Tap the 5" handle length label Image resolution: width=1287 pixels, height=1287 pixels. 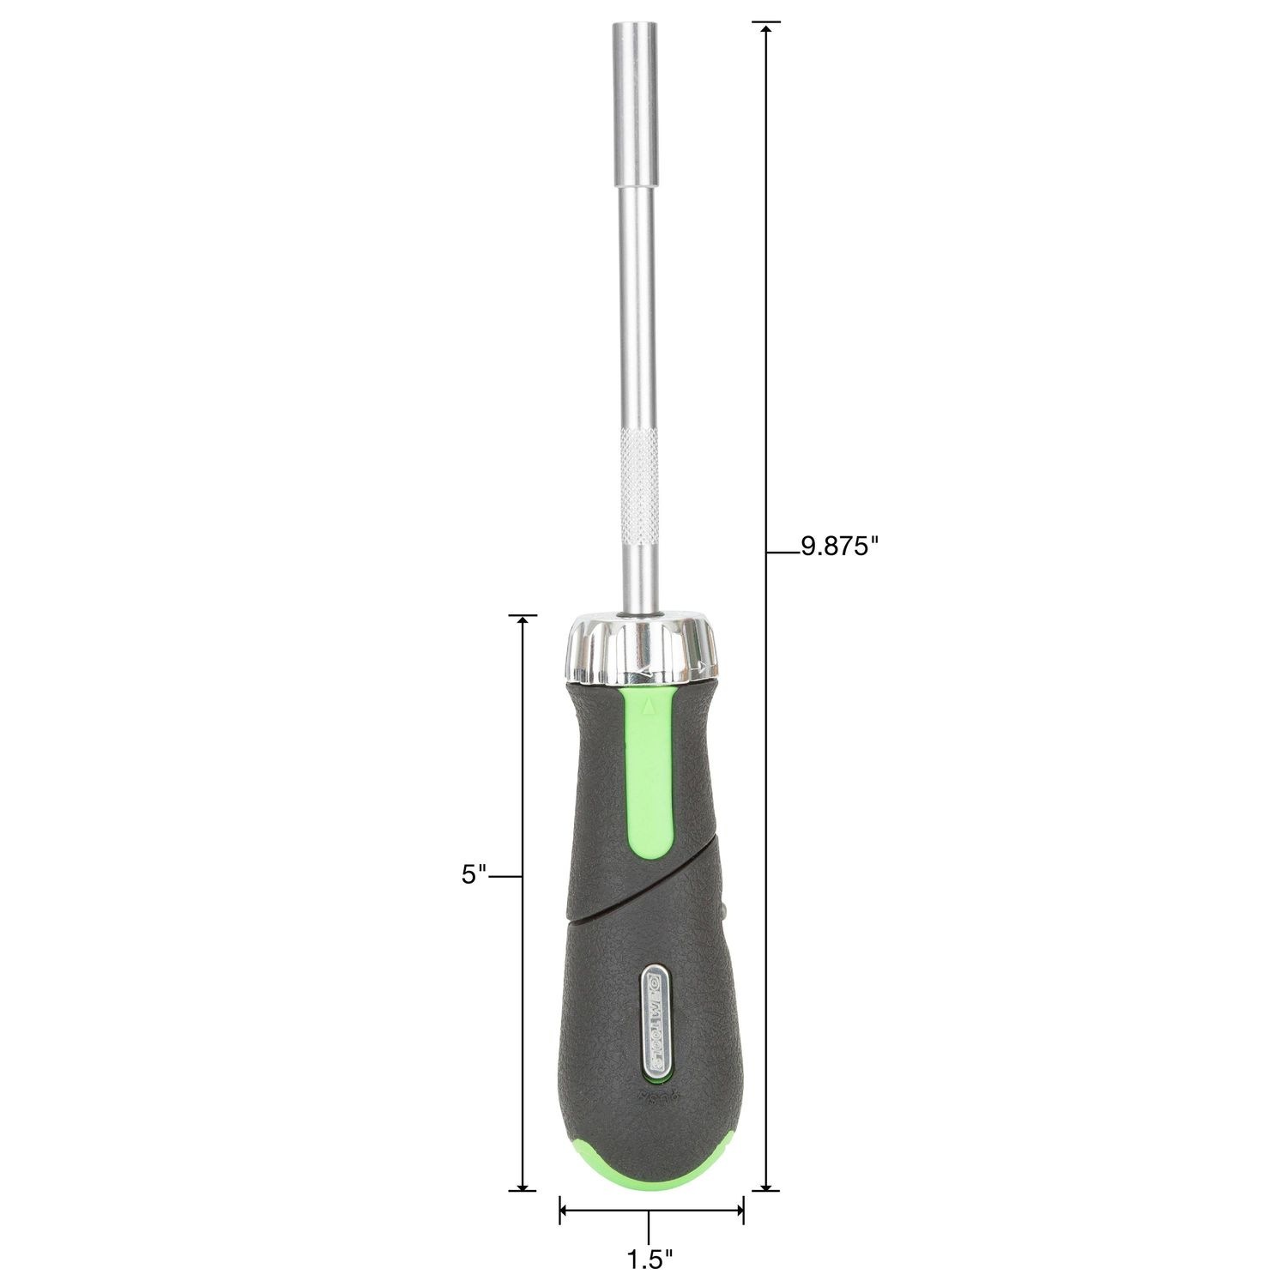pos(474,875)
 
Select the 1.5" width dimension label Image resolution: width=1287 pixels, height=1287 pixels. pos(650,1260)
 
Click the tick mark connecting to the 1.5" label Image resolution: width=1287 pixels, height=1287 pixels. pos(650,1225)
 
